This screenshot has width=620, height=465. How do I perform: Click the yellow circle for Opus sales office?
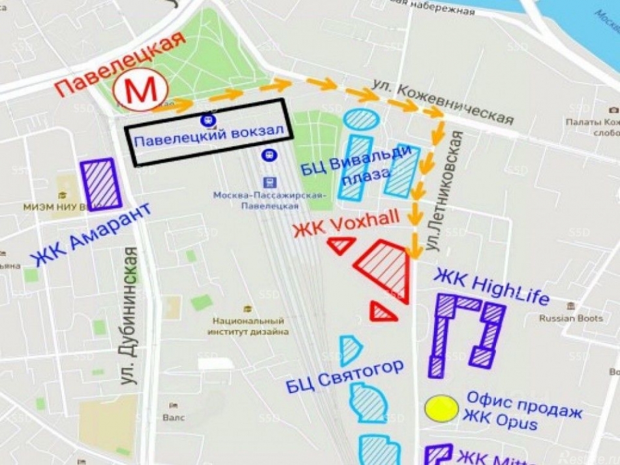click(441, 408)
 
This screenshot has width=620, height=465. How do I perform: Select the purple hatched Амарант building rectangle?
click(101, 184)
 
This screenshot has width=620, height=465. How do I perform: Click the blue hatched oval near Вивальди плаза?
click(361, 119)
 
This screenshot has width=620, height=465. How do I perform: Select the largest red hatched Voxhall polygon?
click(385, 266)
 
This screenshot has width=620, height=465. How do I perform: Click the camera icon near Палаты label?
click(613, 109)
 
